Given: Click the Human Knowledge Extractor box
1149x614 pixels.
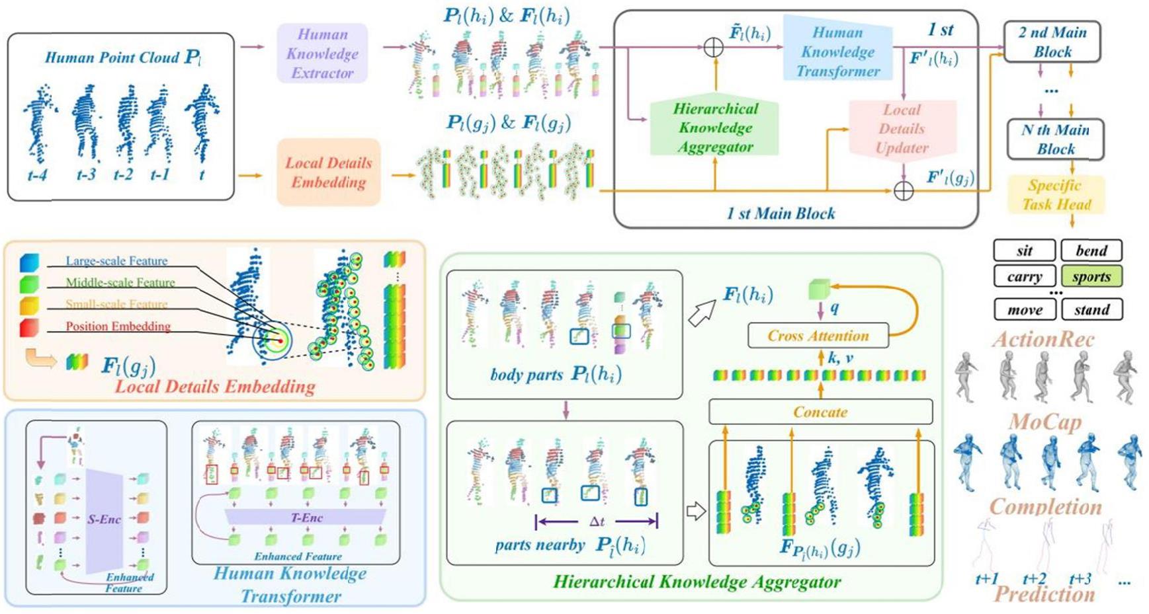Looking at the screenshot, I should tap(321, 54).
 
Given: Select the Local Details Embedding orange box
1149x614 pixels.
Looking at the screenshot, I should tap(328, 173).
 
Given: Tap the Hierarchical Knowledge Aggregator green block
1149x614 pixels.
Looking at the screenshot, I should tap(714, 128).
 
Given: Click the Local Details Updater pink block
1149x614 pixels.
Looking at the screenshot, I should tap(902, 129).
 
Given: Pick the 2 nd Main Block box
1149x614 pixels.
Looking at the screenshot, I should tap(1052, 42).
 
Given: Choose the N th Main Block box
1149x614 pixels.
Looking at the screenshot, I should tap(1055, 139).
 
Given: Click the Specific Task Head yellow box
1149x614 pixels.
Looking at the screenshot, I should tap(1056, 194).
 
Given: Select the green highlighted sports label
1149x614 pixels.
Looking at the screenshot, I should tap(1091, 276).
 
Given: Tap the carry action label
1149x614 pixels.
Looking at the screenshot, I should tap(1024, 276).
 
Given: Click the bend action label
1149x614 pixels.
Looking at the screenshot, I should tap(1091, 250).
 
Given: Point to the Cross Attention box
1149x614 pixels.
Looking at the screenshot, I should tap(818, 336).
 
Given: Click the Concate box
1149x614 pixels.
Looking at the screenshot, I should tap(820, 412).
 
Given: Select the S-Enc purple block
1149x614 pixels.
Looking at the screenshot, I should tap(105, 519).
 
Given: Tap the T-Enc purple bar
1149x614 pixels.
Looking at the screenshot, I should tap(306, 518).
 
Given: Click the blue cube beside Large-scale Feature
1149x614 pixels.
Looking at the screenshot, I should tap(30, 262).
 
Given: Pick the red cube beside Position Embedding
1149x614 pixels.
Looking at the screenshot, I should tap(30, 327).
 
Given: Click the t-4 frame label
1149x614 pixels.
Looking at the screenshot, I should tap(37, 175).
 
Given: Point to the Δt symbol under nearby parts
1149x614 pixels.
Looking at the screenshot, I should tap(597, 521).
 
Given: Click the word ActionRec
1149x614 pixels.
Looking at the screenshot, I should tap(1043, 340).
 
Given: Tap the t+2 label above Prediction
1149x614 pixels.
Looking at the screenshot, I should tap(1034, 579).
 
